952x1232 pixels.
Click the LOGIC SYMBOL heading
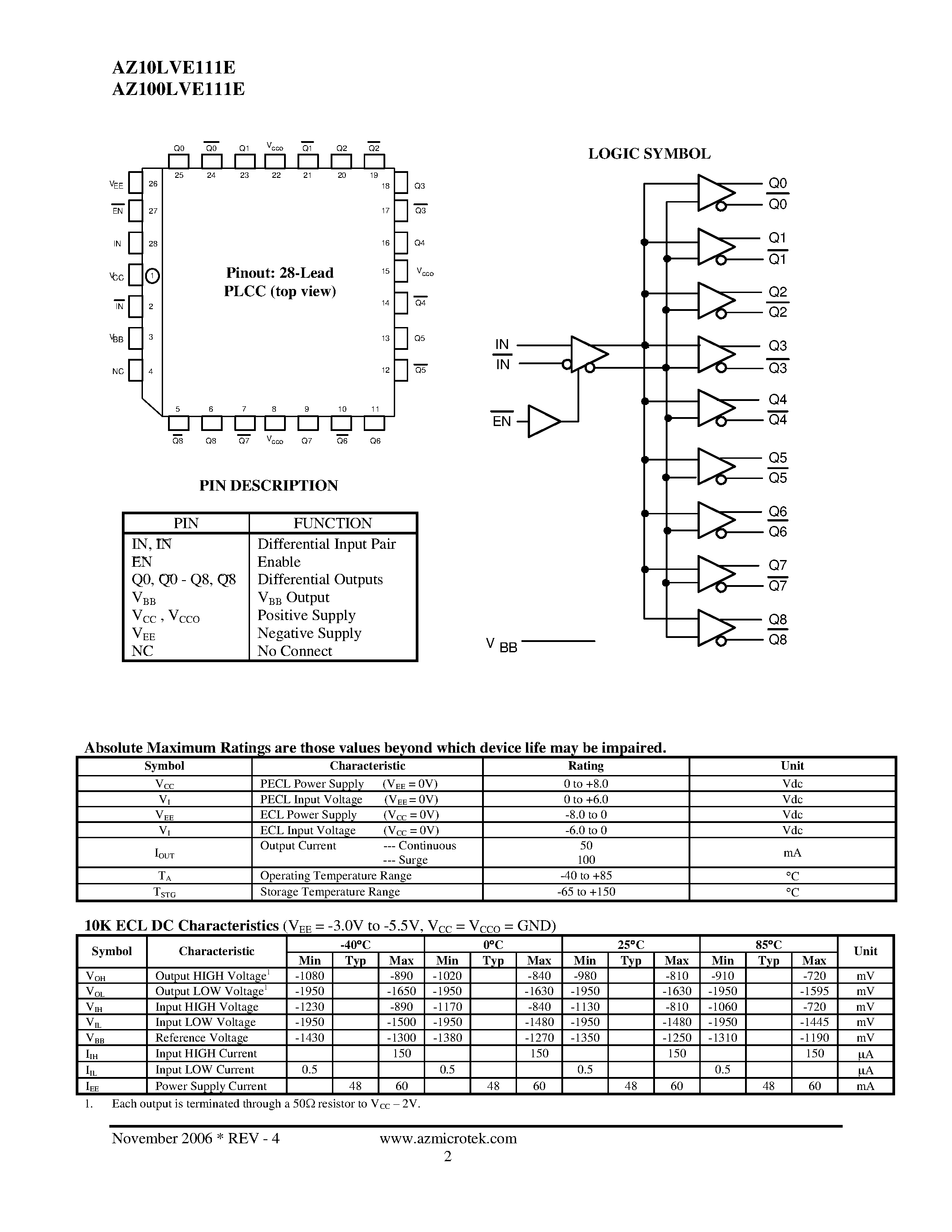[x=649, y=154]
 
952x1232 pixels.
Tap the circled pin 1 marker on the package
[x=152, y=276]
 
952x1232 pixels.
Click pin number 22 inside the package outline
[x=276, y=176]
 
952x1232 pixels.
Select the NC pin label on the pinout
[x=118, y=371]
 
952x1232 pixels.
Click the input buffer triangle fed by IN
[x=588, y=354]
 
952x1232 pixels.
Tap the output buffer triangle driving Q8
[x=715, y=627]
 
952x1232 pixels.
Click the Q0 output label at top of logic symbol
[x=777, y=183]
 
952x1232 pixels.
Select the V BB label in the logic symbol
[x=501, y=645]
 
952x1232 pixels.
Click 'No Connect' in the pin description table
[x=294, y=651]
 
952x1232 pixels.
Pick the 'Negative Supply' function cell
[x=309, y=633]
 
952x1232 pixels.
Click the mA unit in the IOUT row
[x=792, y=853]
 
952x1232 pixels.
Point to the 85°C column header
[x=768, y=944]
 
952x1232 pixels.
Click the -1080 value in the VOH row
[x=309, y=975]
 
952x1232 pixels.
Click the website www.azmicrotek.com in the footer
[x=448, y=1138]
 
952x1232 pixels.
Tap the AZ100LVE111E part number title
[x=178, y=90]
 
